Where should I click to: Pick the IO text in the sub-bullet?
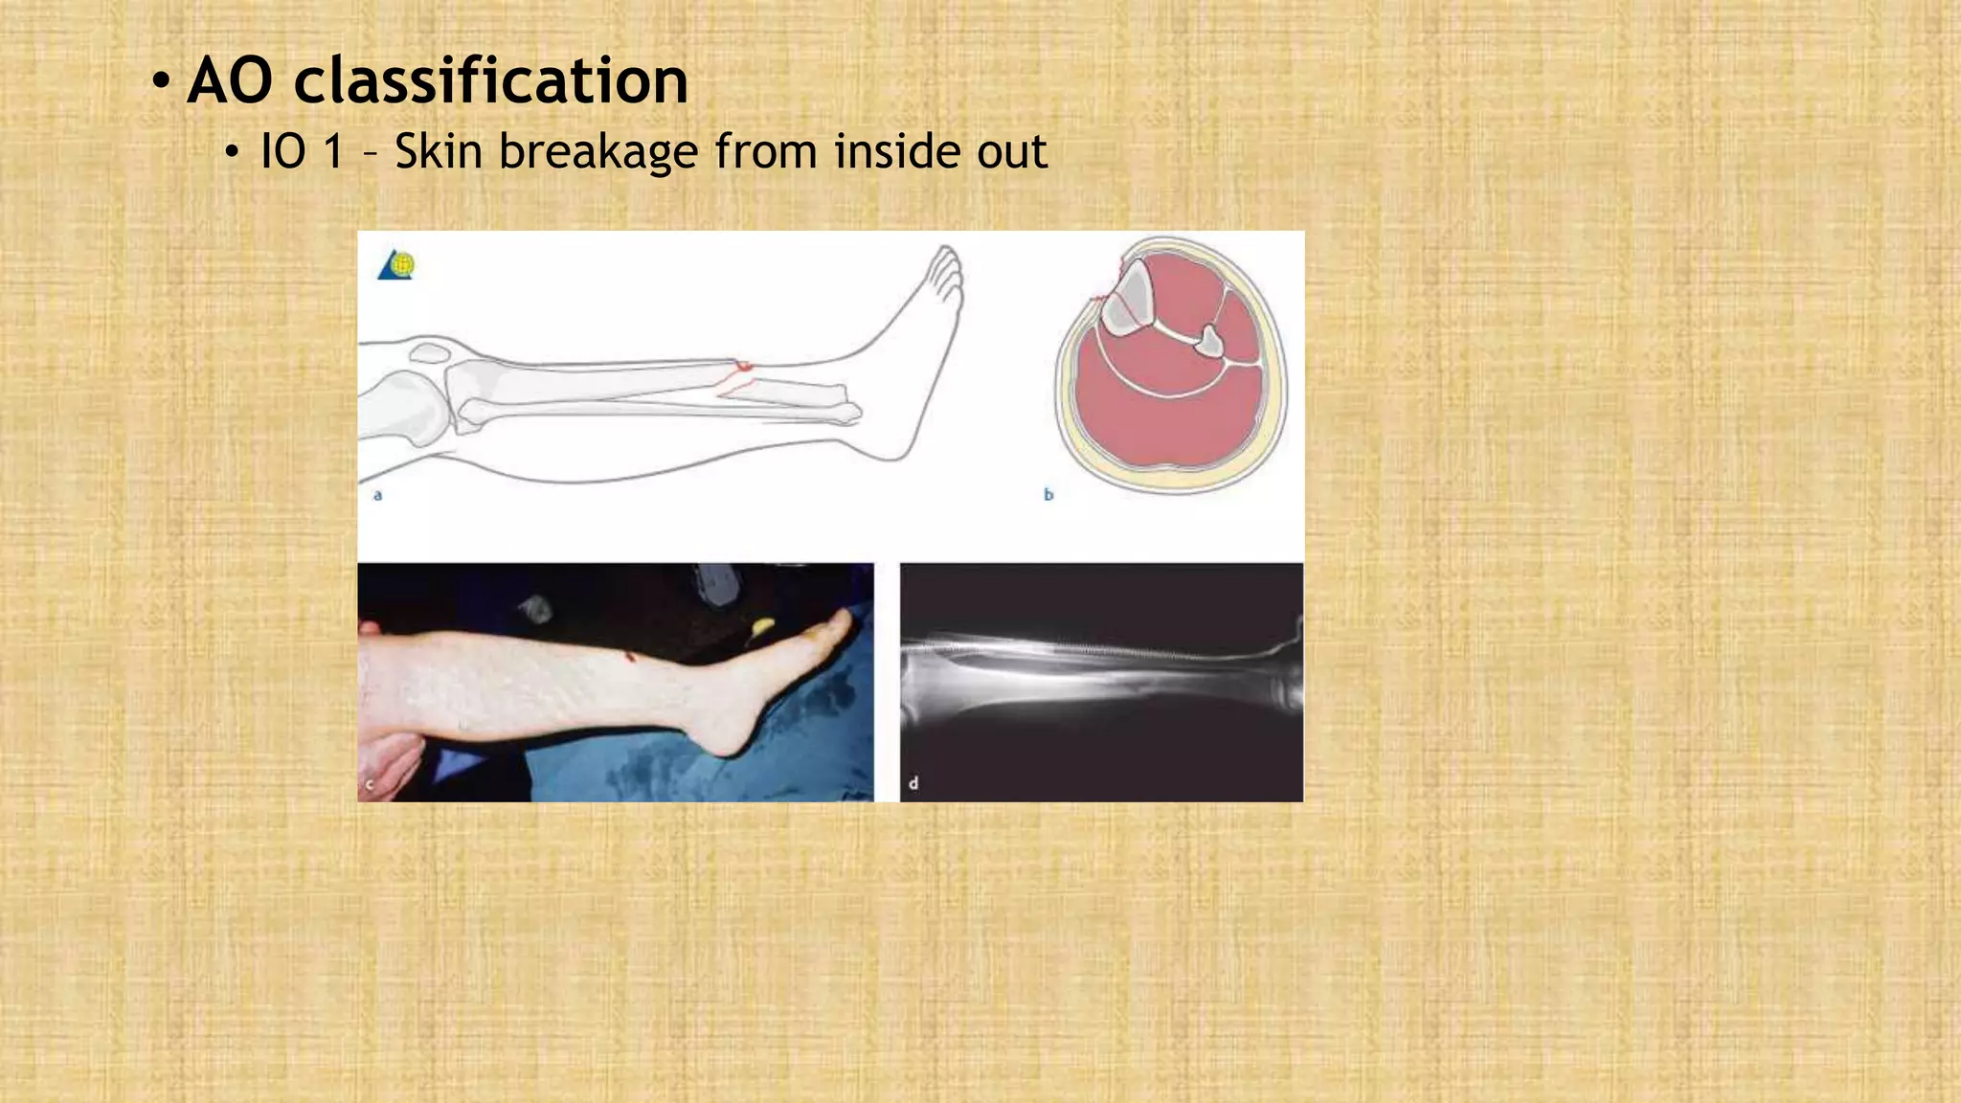[x=282, y=151]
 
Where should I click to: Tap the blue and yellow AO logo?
[x=396, y=265]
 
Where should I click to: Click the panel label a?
[x=378, y=495]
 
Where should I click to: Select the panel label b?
[x=1048, y=495]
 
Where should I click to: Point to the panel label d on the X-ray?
[x=913, y=783]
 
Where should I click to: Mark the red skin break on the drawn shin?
[x=742, y=366]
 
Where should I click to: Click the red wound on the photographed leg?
[x=629, y=656]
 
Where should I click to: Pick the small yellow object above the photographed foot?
[x=762, y=626]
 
